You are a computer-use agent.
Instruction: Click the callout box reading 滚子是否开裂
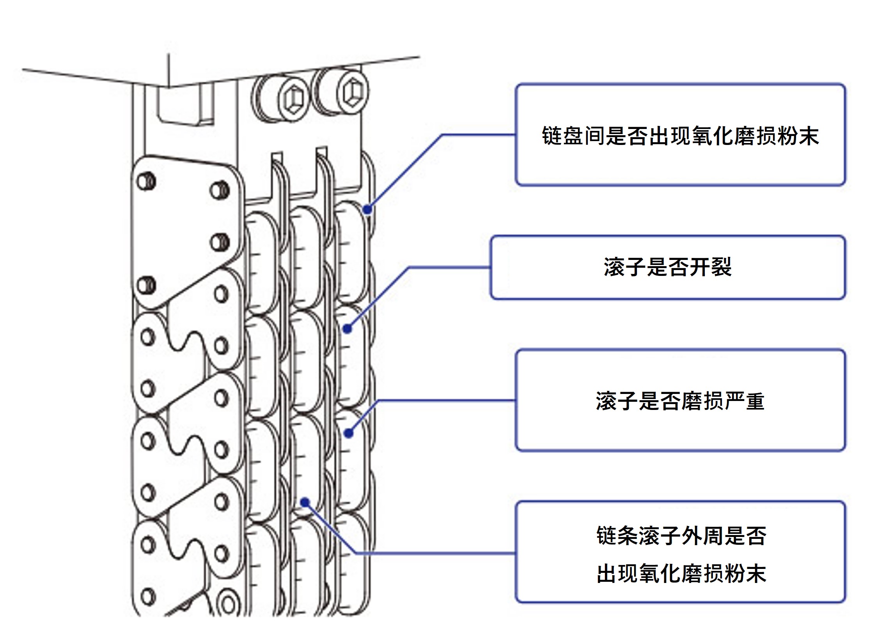click(667, 267)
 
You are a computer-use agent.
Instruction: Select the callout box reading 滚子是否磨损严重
click(680, 401)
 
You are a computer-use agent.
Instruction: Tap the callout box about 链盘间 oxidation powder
click(680, 135)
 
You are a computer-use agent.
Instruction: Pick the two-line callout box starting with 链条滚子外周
click(680, 552)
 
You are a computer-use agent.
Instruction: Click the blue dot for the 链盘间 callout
click(367, 210)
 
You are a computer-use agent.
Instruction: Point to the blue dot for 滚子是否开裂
click(347, 329)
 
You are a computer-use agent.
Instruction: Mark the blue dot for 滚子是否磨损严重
click(349, 433)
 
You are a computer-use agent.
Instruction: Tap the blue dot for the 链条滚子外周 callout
click(305, 502)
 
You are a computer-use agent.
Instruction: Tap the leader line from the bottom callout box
click(434, 553)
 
